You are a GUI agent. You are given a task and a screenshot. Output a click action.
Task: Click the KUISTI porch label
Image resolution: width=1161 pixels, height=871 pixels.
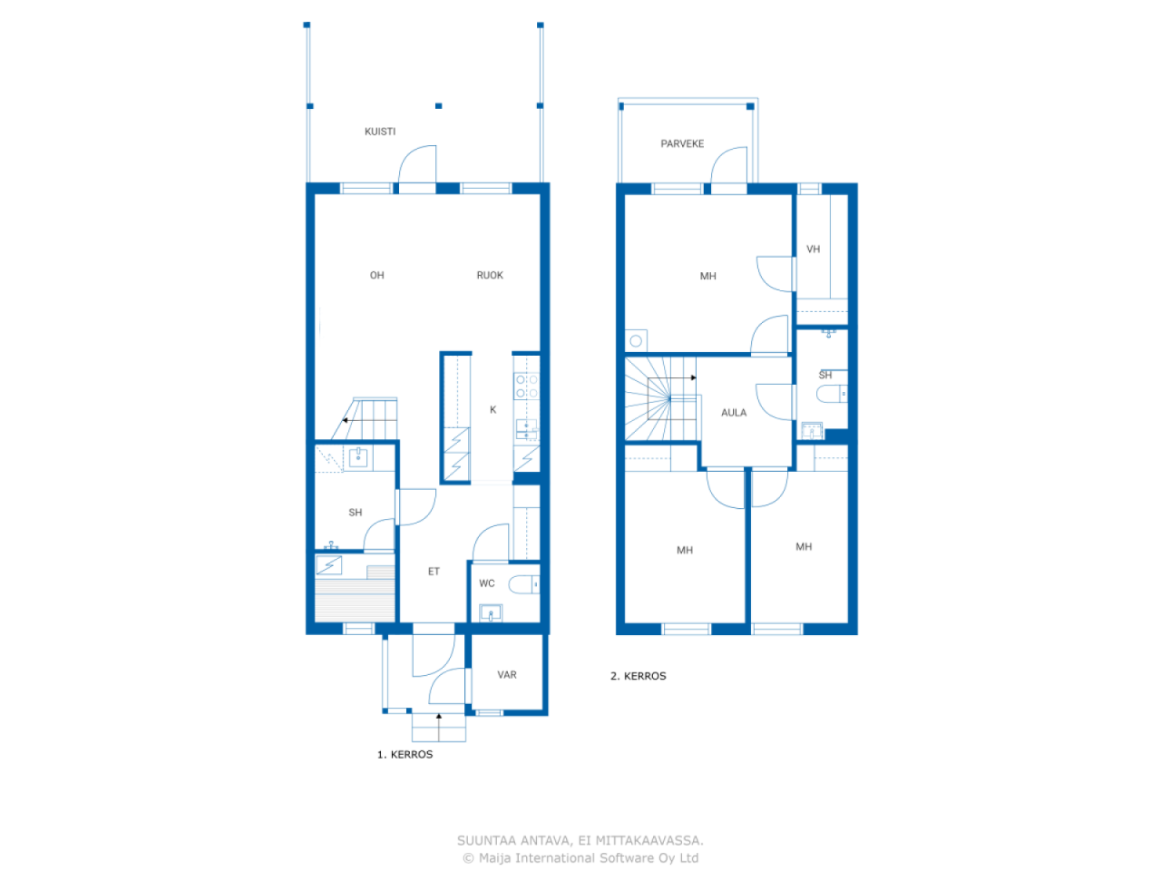380,132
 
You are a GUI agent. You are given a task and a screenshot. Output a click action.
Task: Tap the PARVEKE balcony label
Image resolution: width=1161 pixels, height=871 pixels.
682,143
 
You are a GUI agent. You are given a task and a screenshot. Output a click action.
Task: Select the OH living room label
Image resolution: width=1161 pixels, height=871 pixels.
376,275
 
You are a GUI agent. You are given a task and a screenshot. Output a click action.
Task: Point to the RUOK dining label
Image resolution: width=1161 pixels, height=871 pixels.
490,275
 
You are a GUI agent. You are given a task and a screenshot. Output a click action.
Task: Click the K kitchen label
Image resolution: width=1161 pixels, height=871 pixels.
493,409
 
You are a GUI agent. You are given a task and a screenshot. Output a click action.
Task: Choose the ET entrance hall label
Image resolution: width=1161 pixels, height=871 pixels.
434,572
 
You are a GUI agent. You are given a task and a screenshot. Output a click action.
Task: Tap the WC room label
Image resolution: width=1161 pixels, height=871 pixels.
486,583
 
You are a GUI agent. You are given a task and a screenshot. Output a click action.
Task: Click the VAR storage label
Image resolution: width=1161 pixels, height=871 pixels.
507,675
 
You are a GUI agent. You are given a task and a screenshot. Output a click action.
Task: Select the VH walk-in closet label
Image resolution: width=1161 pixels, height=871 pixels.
813,250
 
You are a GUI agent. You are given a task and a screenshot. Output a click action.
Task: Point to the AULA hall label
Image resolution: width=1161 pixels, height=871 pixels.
734,413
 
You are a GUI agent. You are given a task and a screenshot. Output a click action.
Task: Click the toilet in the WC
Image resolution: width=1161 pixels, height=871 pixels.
523,584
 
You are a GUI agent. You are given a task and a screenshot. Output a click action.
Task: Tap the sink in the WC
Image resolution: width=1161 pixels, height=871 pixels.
491,613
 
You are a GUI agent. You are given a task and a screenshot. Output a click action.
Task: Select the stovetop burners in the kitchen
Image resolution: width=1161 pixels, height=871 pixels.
527,387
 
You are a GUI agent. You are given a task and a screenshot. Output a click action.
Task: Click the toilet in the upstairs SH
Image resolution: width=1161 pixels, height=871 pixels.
832,394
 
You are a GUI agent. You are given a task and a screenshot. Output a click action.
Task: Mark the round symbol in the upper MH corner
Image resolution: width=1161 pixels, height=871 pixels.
636,341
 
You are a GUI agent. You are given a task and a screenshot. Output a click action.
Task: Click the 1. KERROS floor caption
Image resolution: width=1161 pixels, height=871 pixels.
405,755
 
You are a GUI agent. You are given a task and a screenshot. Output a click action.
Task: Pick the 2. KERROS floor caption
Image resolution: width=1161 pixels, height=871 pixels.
638,676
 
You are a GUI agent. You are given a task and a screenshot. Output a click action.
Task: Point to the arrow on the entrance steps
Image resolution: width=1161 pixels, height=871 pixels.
438,727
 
